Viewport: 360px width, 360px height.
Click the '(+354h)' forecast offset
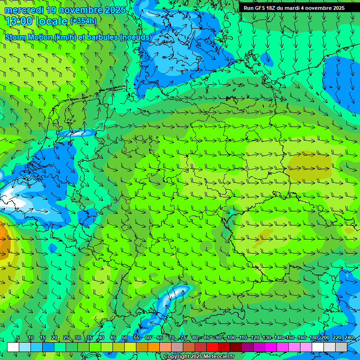(83, 21)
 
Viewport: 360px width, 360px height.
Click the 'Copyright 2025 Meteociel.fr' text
(199, 357)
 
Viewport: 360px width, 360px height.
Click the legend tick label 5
(18, 337)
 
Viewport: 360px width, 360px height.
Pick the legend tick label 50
(124, 337)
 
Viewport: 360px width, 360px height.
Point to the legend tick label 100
(231, 337)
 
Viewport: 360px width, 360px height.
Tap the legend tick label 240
(349, 337)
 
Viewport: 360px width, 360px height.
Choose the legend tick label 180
(313, 337)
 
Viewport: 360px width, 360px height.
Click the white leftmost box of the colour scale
(13, 347)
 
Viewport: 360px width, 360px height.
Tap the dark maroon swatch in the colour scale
(236, 347)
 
